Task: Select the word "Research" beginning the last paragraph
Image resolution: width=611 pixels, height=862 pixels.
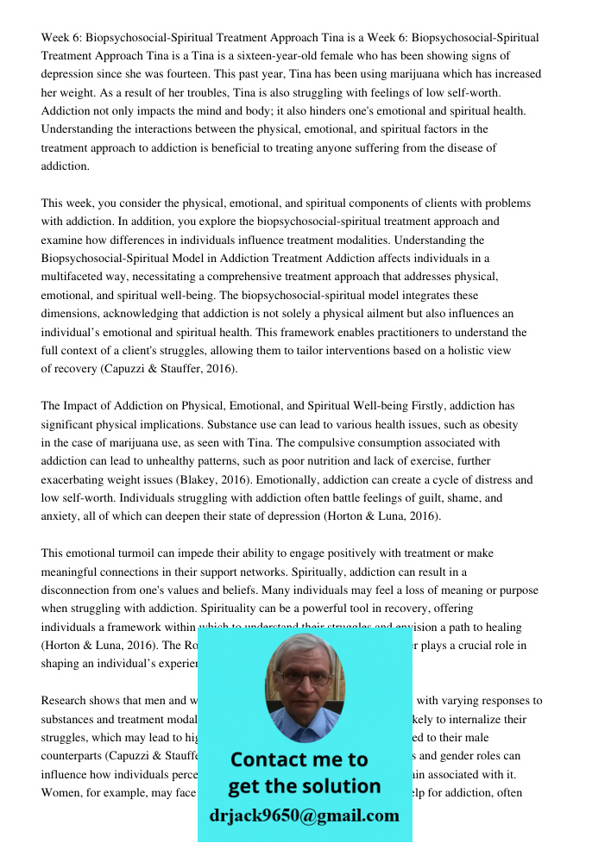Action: (x=66, y=701)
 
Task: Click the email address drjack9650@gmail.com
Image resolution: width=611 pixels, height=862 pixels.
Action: (x=305, y=815)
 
